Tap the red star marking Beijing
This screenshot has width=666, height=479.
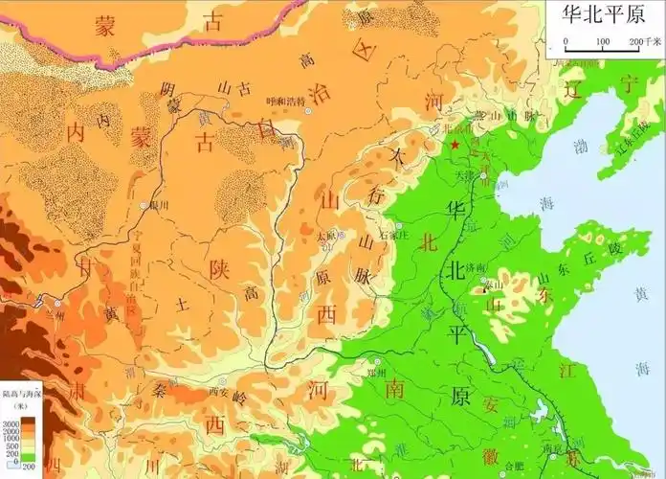point(455,145)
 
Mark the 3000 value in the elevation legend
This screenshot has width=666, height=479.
point(12,422)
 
